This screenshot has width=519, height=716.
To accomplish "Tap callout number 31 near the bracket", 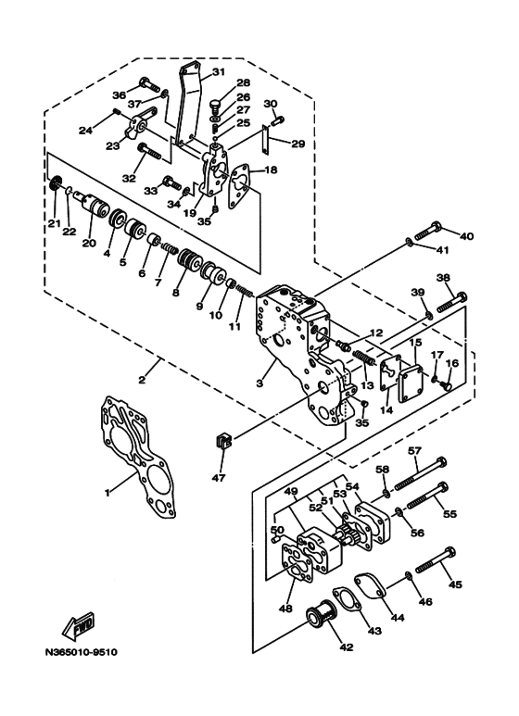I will click(218, 72).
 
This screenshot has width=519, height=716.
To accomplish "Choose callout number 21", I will click(53, 223).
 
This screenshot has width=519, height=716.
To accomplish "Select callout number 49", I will click(290, 491).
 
